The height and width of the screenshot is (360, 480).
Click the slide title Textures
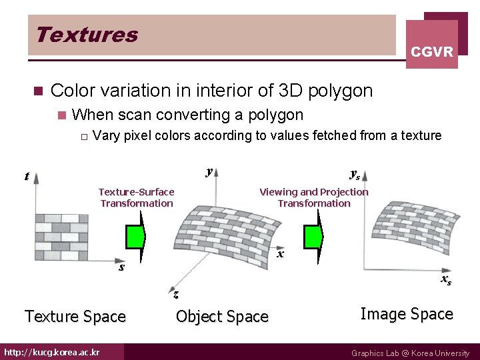(87, 35)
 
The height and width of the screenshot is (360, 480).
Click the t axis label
(27, 177)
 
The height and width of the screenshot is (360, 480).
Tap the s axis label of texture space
(121, 268)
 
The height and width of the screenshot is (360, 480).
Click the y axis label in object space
(209, 171)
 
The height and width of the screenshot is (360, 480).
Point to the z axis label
(175, 294)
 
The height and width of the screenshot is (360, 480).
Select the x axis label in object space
(281, 254)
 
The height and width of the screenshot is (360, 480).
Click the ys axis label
(355, 175)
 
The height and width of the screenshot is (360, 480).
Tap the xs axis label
(445, 280)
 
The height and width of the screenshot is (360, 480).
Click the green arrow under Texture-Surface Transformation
(135, 236)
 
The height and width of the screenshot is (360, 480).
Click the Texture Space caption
(75, 317)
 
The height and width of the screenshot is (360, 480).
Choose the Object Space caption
(222, 317)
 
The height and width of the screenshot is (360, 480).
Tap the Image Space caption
(407, 314)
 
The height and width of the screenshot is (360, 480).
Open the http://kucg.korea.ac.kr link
(51, 352)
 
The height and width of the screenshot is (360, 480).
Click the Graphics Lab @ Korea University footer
(410, 353)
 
